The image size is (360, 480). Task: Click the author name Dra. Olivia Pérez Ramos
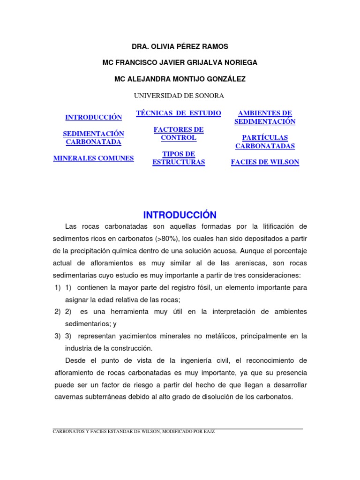pyautogui.click(x=180, y=46)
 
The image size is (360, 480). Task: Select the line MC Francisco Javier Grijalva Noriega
pyautogui.click(x=180, y=62)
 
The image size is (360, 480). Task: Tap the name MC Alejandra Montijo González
pyautogui.click(x=180, y=79)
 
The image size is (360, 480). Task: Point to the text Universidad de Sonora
pyautogui.click(x=179, y=96)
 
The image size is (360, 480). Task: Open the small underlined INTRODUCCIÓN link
pyautogui.click(x=93, y=117)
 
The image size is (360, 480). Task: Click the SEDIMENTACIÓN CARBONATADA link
pyautogui.click(x=93, y=138)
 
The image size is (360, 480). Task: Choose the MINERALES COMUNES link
pyautogui.click(x=93, y=158)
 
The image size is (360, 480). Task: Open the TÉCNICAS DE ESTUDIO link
pyautogui.click(x=179, y=113)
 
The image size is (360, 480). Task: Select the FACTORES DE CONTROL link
pyautogui.click(x=179, y=134)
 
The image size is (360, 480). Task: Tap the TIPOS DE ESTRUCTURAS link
pyautogui.click(x=179, y=158)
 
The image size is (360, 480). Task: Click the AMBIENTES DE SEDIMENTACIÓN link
pyautogui.click(x=265, y=117)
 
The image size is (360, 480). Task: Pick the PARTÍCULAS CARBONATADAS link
pyautogui.click(x=265, y=142)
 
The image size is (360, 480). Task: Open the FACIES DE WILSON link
pyautogui.click(x=265, y=162)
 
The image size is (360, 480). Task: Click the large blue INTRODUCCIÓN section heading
pyautogui.click(x=180, y=215)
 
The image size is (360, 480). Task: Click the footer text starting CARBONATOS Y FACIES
pyautogui.click(x=134, y=431)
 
